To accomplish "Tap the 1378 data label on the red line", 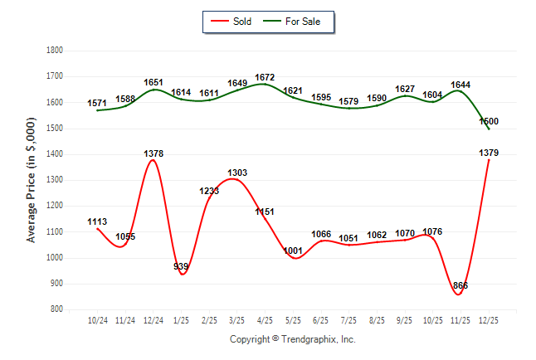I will tap(153, 153).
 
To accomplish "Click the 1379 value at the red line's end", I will tap(488, 153).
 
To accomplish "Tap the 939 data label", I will tap(181, 266).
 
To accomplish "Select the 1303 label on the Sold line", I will tap(237, 173).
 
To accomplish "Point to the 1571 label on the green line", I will tap(97, 103).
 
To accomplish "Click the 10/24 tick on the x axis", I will tap(97, 319).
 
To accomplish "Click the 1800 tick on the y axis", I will tap(56, 51).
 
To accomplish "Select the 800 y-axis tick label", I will tap(57, 309).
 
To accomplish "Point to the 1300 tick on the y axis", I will tap(56, 180).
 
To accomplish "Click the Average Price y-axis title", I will tap(32, 179).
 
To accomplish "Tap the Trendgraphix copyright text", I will tap(292, 339).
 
